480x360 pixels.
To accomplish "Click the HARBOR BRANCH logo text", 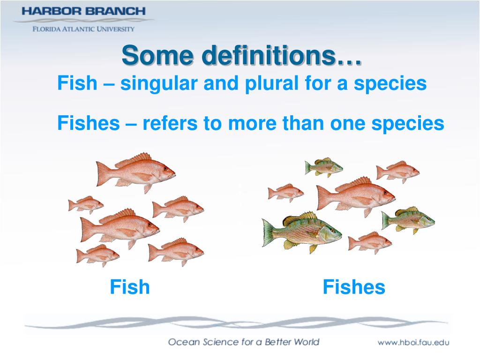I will (x=83, y=11).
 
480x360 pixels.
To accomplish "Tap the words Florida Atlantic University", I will (x=83, y=29).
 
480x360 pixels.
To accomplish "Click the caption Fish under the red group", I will (x=130, y=287).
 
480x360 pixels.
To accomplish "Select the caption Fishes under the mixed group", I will (x=354, y=287).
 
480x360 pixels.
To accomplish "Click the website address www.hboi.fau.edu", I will (x=413, y=342).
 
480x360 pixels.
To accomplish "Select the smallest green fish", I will (x=323, y=166).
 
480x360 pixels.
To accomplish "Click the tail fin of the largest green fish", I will (x=269, y=232).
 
